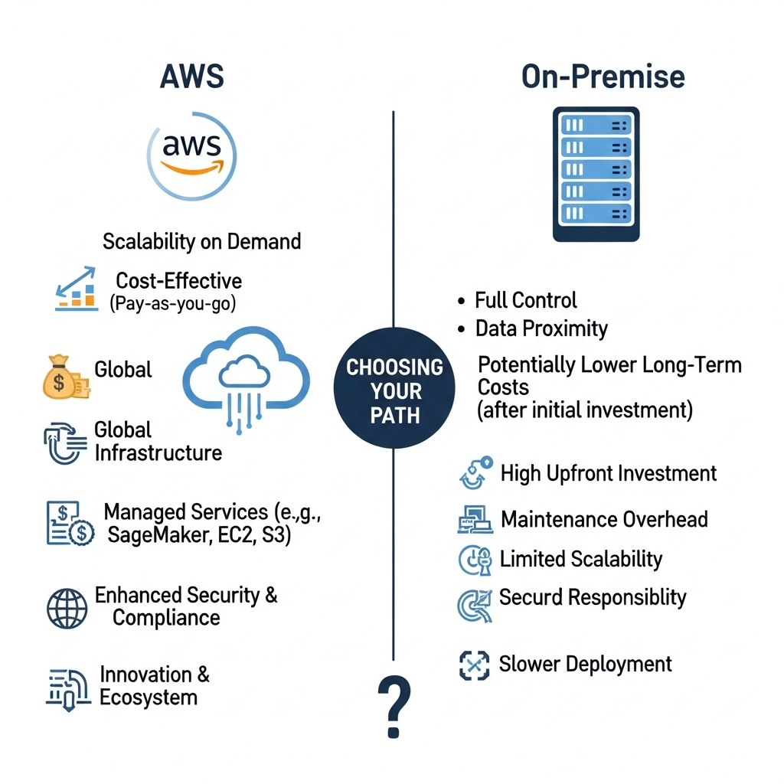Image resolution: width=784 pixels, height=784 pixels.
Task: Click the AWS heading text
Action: pos(191,77)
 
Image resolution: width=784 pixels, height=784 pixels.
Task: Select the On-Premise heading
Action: pos(603,77)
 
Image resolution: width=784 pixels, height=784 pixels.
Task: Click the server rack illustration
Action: pos(596,174)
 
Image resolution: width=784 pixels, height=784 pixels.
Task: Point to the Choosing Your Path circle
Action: pos(395,390)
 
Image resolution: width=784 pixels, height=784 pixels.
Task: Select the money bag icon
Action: pos(64,376)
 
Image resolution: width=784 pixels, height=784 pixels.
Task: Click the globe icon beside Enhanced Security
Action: pos(67,608)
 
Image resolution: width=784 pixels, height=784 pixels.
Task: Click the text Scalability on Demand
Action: pos(201,242)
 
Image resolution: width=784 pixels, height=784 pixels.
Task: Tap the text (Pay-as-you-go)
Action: pos(172,302)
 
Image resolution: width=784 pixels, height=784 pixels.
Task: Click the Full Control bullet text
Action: pos(526,299)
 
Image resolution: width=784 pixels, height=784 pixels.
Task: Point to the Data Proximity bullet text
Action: pos(541,328)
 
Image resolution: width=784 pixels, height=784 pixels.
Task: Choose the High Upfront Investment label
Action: pos(608,473)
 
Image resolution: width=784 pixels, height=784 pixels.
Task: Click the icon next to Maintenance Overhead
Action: pos(475,520)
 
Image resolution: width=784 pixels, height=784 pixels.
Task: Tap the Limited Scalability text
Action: pos(580,559)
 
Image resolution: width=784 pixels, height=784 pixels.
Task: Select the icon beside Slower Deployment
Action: pos(474,665)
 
